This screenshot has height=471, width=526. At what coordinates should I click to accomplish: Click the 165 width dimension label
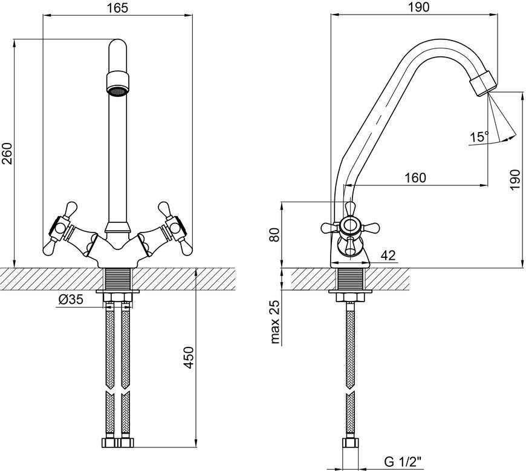pyautogui.click(x=118, y=7)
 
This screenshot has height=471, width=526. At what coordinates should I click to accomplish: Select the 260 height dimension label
pyautogui.click(x=7, y=154)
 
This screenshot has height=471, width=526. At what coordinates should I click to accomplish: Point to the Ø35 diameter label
pyautogui.click(x=71, y=299)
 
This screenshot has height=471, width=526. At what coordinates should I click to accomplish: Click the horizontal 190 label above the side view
pyautogui.click(x=420, y=7)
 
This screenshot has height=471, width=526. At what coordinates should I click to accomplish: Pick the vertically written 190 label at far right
pyautogui.click(x=515, y=180)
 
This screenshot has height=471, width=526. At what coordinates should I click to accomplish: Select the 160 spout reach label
pyautogui.click(x=415, y=178)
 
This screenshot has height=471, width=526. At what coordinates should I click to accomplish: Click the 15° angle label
pyautogui.click(x=479, y=137)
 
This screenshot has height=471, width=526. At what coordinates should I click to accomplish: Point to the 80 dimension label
pyautogui.click(x=274, y=234)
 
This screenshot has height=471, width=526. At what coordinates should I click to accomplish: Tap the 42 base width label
pyautogui.click(x=389, y=255)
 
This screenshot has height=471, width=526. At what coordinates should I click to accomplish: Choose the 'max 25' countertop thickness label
pyautogui.click(x=274, y=322)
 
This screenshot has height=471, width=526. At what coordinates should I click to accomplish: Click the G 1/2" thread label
pyautogui.click(x=403, y=463)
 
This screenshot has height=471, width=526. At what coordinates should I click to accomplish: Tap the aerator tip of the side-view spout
pyautogui.click(x=482, y=84)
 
